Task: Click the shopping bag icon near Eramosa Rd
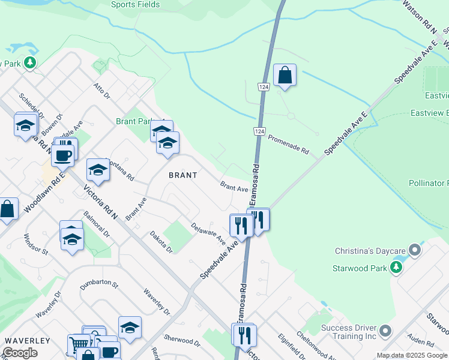coord(285,76)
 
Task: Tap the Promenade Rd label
coord(288,144)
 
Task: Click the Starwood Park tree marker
coord(396,266)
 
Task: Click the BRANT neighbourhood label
coord(182,175)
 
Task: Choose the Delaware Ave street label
coord(208,234)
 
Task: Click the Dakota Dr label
coord(161,242)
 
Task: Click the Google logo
coord(20,353)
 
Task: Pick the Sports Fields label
coord(136,5)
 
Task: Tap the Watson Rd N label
coord(418,14)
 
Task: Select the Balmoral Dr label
coord(97,224)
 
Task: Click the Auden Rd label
coord(420,343)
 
